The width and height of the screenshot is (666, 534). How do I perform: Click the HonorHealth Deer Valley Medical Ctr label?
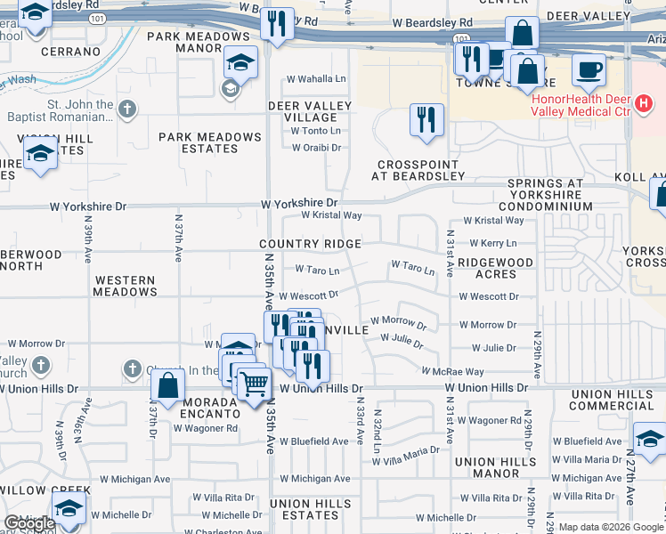coord(581,105)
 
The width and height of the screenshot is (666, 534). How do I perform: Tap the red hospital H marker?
coord(646,107)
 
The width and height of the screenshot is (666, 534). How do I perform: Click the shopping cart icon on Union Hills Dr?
coord(256,383)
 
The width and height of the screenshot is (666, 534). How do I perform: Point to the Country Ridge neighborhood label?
coord(310,244)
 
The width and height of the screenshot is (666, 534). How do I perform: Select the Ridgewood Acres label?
coord(496,268)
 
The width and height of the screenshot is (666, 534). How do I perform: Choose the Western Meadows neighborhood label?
coord(126,286)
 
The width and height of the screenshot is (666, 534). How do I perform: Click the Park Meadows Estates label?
coord(210,142)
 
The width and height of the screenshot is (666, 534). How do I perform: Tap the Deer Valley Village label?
coord(310,111)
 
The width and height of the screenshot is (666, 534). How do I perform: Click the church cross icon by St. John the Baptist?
coord(127,109)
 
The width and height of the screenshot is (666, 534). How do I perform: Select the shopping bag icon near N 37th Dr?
coord(167,385)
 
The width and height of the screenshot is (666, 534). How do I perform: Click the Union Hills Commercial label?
coord(613,400)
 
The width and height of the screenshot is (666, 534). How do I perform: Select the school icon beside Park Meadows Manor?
coord(240,62)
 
